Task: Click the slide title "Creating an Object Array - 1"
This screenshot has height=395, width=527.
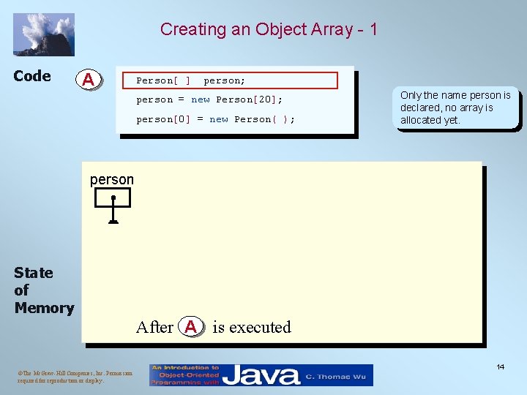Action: [x=269, y=29]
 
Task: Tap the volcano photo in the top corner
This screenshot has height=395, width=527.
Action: [x=44, y=34]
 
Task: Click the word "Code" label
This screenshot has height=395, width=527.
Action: [x=32, y=76]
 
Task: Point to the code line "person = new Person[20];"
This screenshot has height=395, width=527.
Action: [x=209, y=99]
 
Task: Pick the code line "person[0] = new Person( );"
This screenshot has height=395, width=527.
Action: [x=216, y=119]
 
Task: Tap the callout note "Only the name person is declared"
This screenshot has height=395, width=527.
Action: [x=455, y=108]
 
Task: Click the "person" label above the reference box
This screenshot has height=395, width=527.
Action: [x=111, y=179]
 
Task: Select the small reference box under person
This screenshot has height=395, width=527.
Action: [x=113, y=197]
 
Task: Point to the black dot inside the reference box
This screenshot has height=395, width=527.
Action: [x=113, y=197]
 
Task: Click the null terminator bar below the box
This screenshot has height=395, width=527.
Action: [x=113, y=222]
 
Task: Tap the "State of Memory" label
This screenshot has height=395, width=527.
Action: [x=43, y=290]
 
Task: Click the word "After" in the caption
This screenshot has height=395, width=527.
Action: [x=154, y=327]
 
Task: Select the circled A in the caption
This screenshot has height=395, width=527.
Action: [x=190, y=327]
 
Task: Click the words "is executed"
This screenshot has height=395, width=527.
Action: [x=251, y=327]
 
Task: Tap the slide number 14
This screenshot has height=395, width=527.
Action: [x=500, y=366]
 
